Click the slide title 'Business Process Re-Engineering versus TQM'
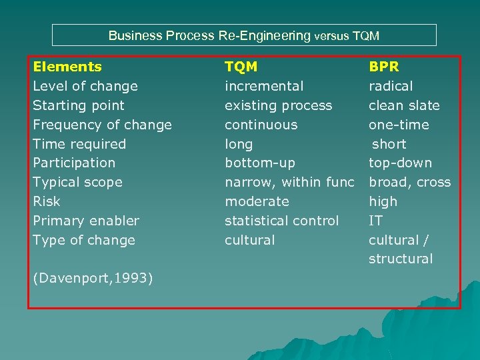pyautogui.click(x=244, y=35)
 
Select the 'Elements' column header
pyautogui.click(x=67, y=67)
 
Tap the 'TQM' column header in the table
pyautogui.click(x=241, y=67)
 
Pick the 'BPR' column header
pyautogui.click(x=384, y=67)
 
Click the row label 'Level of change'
pyautogui.click(x=85, y=86)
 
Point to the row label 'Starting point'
pyautogui.click(x=79, y=105)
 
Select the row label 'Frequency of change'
pyautogui.click(x=102, y=125)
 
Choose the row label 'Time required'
pyautogui.click(x=79, y=144)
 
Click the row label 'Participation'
pyautogui.click(x=74, y=163)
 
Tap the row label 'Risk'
pyautogui.click(x=47, y=201)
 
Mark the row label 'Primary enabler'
pyautogui.click(x=86, y=221)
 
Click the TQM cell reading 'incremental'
pyautogui.click(x=264, y=86)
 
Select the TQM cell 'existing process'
pyautogui.click(x=278, y=105)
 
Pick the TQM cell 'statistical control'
pyautogui.click(x=281, y=221)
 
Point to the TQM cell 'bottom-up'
pyautogui.click(x=259, y=163)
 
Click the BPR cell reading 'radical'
pyautogui.click(x=391, y=86)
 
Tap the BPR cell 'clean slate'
pyautogui.click(x=404, y=105)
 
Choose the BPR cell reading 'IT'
pyautogui.click(x=376, y=221)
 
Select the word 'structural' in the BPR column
pyautogui.click(x=401, y=259)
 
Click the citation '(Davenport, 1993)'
pyautogui.click(x=93, y=278)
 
